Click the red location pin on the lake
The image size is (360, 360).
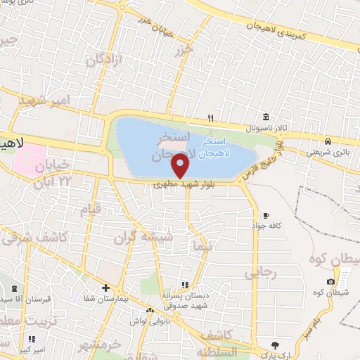(181, 166)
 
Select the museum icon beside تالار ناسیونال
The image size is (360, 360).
(265, 117)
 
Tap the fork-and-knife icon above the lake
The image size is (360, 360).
(210, 118)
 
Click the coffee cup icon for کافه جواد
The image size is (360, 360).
(266, 214)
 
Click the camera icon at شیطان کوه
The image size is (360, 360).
(330, 281)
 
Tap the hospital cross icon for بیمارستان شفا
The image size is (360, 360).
(105, 288)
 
